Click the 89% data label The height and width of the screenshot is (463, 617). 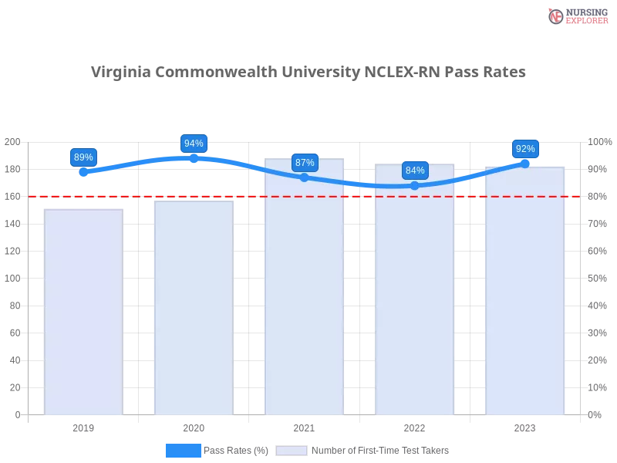(83, 157)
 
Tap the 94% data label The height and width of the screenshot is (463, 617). (194, 144)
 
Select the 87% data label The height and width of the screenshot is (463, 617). (305, 163)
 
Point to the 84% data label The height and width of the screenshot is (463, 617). (415, 171)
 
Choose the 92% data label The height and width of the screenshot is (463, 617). (525, 149)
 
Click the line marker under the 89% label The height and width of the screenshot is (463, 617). (83, 172)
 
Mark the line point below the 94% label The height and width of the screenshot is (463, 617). (194, 158)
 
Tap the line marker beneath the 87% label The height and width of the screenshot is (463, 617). (305, 177)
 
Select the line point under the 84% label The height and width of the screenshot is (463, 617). (415, 185)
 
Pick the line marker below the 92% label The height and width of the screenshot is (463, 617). (525, 163)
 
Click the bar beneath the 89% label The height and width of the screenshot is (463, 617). (83, 313)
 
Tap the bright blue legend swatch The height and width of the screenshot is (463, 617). (184, 451)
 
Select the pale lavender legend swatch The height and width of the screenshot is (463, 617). (292, 451)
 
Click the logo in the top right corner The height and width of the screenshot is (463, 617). (576, 15)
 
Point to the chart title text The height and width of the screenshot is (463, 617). (308, 73)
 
